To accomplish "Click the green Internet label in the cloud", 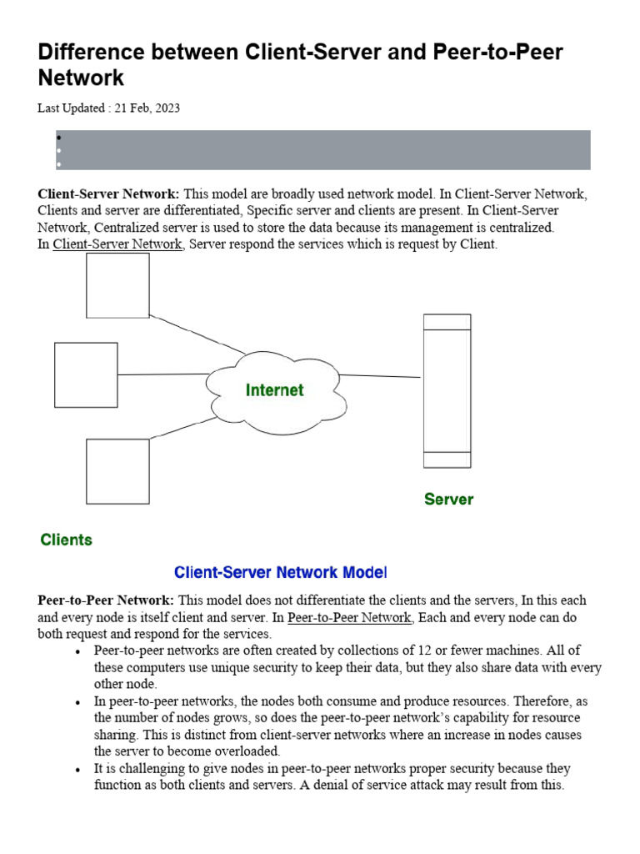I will [x=274, y=390].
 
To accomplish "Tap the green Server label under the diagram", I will [x=448, y=500].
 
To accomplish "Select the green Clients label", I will [x=67, y=540].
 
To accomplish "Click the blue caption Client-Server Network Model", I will [x=280, y=573].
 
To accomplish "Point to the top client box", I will [x=117, y=285].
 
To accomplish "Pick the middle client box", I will [x=86, y=374].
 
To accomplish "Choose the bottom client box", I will [x=117, y=471].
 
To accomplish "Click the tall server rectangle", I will [x=447, y=390].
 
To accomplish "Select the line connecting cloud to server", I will [x=380, y=376].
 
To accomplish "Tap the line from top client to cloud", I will [x=197, y=333].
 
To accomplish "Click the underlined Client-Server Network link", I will [x=117, y=244].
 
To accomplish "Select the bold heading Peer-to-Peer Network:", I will [x=106, y=600].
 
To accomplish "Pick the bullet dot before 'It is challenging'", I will [x=77, y=769].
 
